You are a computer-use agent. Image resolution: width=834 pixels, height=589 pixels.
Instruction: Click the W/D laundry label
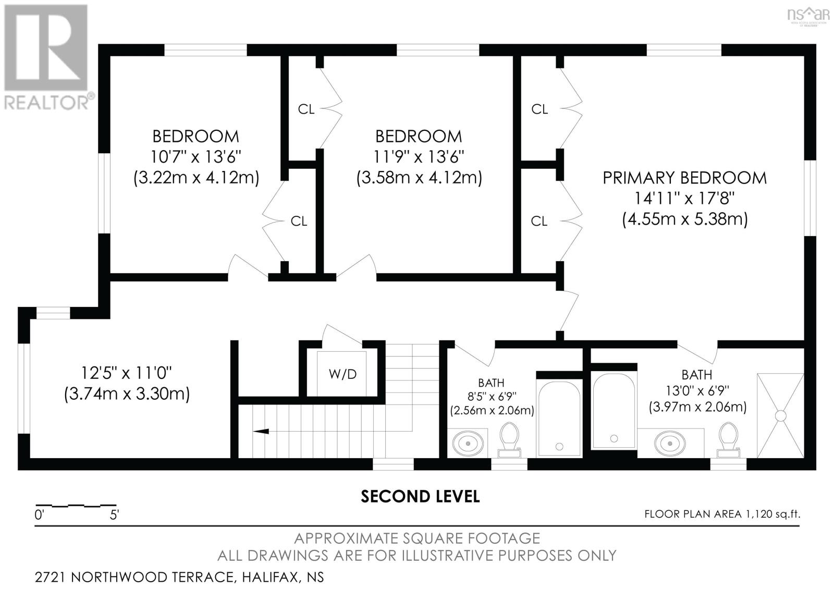[342, 374]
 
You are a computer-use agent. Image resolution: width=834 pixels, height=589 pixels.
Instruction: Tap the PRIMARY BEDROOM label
[684, 178]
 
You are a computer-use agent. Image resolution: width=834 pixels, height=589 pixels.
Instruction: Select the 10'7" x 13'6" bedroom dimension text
[195, 157]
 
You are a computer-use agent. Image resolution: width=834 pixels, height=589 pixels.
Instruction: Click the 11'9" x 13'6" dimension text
[419, 157]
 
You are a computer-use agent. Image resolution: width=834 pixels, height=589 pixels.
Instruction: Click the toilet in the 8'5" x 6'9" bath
[509, 440]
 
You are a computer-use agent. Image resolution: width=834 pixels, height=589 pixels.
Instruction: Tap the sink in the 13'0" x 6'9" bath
[669, 444]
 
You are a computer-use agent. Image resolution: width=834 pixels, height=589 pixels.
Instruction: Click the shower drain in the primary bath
[780, 416]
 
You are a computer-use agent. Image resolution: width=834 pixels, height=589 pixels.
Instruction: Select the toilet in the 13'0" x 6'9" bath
[728, 440]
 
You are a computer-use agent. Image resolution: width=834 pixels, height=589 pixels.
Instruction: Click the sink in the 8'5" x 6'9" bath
[468, 444]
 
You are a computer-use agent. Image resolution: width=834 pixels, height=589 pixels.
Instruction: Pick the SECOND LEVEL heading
[420, 496]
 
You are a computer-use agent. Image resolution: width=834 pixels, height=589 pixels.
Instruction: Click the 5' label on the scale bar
[114, 515]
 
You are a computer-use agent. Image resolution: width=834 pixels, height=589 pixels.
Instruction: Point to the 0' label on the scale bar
[40, 515]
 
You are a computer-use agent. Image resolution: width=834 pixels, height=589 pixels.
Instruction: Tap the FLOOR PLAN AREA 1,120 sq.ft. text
[722, 514]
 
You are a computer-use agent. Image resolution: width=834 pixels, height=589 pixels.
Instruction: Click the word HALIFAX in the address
[271, 578]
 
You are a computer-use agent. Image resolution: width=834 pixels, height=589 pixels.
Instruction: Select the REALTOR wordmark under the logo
[46, 102]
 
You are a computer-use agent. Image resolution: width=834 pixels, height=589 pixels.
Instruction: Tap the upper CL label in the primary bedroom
[539, 109]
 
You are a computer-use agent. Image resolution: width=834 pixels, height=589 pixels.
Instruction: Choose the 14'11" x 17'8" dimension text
[684, 198]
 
